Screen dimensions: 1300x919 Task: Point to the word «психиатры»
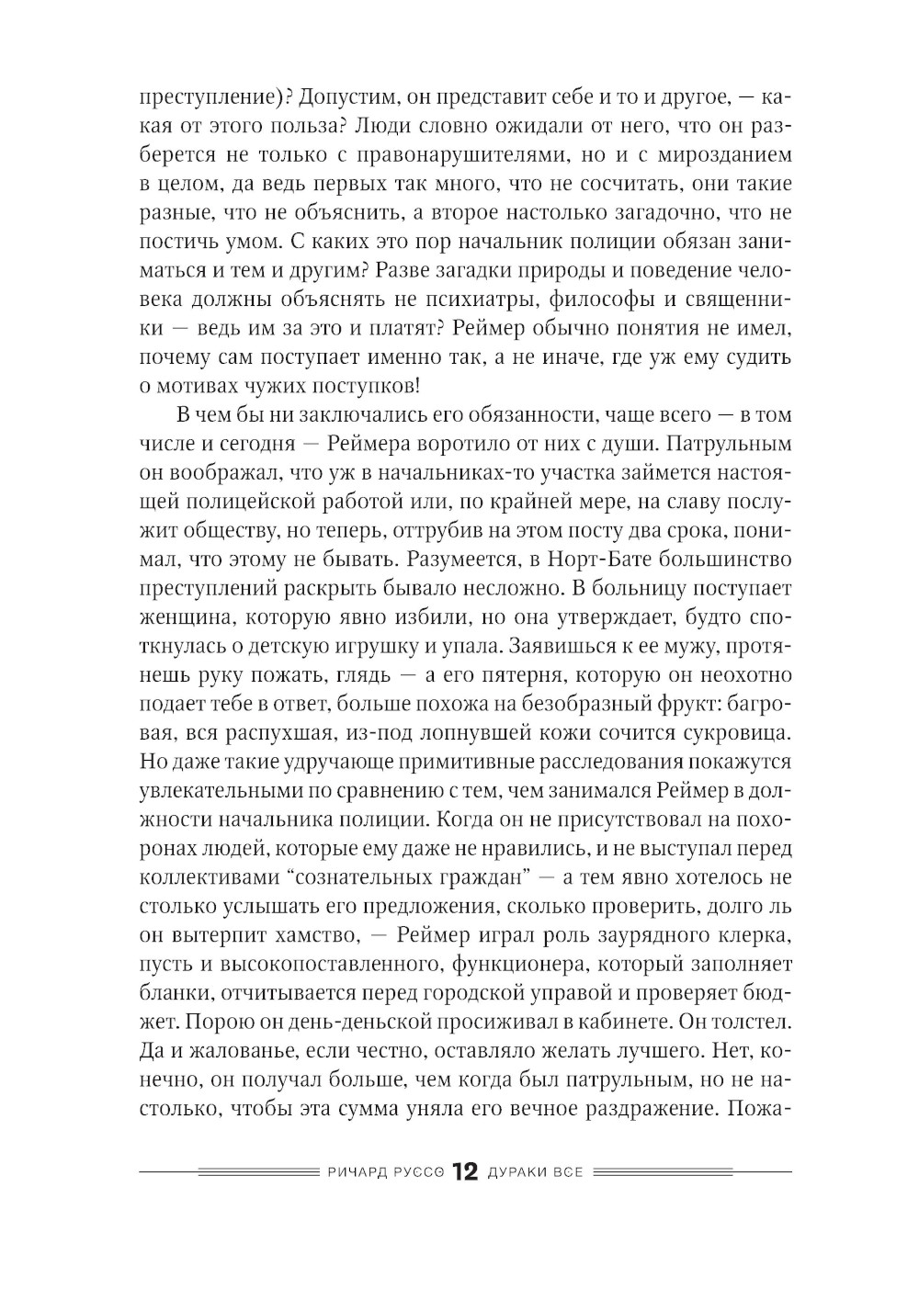click(470, 300)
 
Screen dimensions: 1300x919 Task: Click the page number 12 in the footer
click(464, 1173)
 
